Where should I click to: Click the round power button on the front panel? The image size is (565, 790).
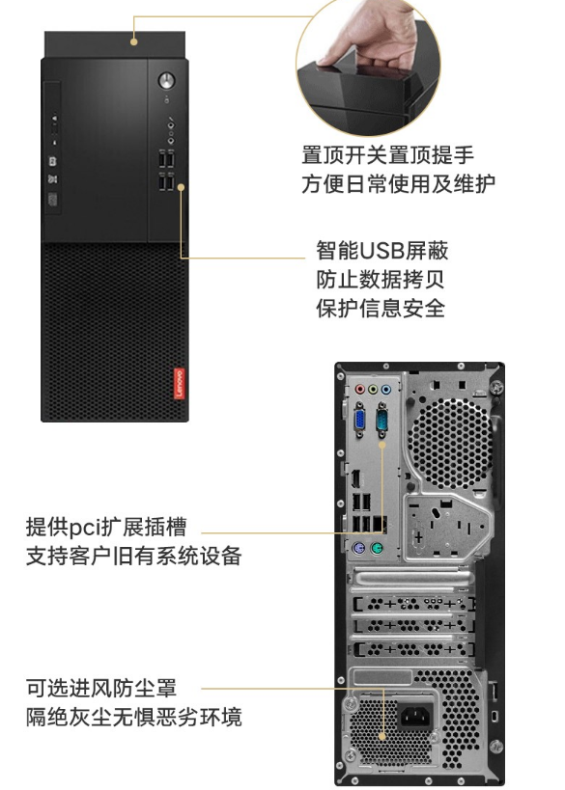pyautogui.click(x=166, y=81)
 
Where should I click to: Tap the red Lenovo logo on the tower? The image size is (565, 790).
pyautogui.click(x=179, y=383)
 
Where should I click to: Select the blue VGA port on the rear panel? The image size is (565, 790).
pyautogui.click(x=360, y=420)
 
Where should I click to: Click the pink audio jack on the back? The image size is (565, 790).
pyautogui.click(x=359, y=390)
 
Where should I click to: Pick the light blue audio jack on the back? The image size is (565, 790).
pyautogui.click(x=386, y=390)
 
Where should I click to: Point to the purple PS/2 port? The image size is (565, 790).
pyautogui.click(x=359, y=548)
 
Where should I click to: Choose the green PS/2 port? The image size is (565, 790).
pyautogui.click(x=377, y=548)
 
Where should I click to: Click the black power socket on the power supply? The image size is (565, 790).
pyautogui.click(x=416, y=716)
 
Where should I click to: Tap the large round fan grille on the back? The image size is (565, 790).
pyautogui.click(x=449, y=444)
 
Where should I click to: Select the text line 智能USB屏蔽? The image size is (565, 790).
pyautogui.click(x=382, y=251)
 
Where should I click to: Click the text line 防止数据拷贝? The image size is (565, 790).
pyautogui.click(x=381, y=279)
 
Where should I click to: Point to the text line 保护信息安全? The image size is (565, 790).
pyautogui.click(x=381, y=308)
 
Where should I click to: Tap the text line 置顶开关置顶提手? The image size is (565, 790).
pyautogui.click(x=388, y=154)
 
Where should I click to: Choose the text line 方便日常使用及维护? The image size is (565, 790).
pyautogui.click(x=399, y=183)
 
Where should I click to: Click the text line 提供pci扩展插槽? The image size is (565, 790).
pyautogui.click(x=106, y=527)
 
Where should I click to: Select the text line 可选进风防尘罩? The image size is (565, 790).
pyautogui.click(x=101, y=688)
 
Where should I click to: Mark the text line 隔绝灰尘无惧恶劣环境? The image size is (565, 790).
pyautogui.click(x=133, y=717)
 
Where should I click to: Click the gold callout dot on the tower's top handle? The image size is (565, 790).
pyautogui.click(x=133, y=41)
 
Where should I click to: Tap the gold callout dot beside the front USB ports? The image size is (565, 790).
pyautogui.click(x=182, y=187)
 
